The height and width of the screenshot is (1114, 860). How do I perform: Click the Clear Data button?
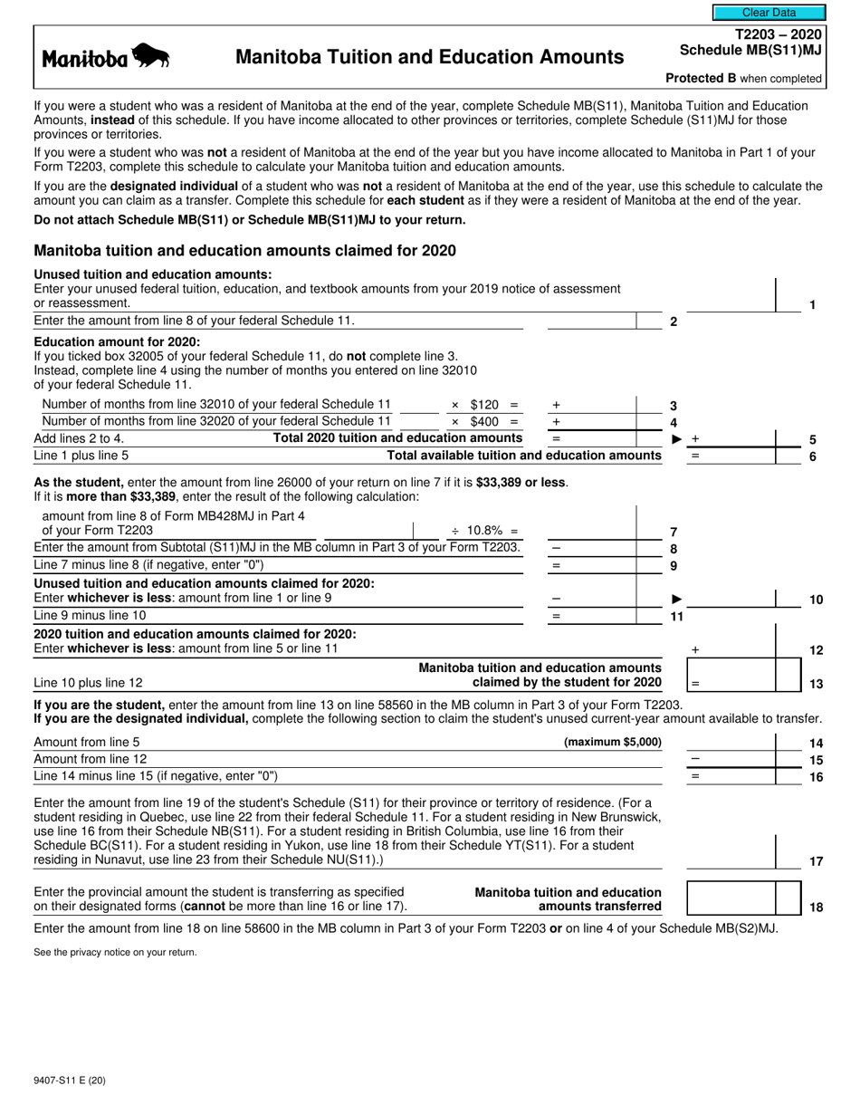pos(769,13)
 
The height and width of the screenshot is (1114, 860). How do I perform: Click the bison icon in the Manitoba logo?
pos(150,58)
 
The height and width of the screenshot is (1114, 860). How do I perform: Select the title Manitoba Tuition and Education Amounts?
pos(429,58)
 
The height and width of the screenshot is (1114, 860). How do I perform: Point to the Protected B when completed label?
pos(743,79)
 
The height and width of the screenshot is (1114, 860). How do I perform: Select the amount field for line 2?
pos(592,320)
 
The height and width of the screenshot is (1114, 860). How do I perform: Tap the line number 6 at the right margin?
pos(812,456)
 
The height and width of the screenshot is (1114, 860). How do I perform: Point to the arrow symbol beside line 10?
pos(676,600)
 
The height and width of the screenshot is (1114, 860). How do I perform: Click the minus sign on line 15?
pos(695,759)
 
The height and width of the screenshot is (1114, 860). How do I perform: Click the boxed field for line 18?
pos(731,898)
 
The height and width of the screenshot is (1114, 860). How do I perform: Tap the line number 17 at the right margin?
pos(816,860)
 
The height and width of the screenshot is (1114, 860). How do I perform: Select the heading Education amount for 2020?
pos(118,342)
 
